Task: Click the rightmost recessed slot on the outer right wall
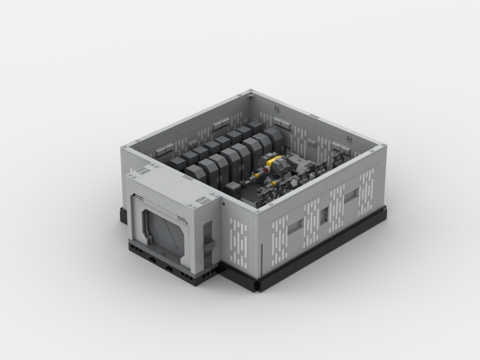pos(353,194)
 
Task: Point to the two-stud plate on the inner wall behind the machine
pos(313,144)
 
